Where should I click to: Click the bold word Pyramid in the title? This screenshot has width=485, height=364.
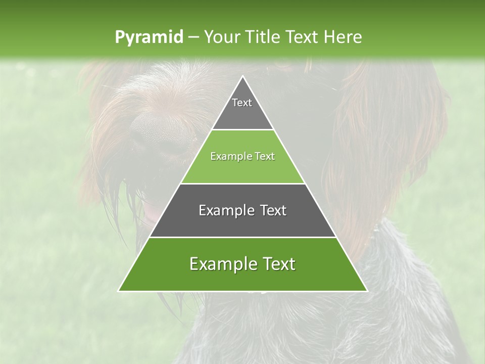click(149, 37)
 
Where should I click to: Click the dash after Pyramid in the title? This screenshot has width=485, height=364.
click(193, 37)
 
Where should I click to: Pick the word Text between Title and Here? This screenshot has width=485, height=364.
click(304, 37)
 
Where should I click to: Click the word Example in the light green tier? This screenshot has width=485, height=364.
click(230, 157)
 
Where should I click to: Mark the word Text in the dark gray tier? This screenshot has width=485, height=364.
click(270, 210)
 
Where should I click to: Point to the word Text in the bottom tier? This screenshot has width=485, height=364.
click(278, 264)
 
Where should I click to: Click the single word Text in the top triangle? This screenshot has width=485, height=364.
click(242, 103)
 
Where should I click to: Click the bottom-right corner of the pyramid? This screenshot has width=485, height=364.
click(367, 291)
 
